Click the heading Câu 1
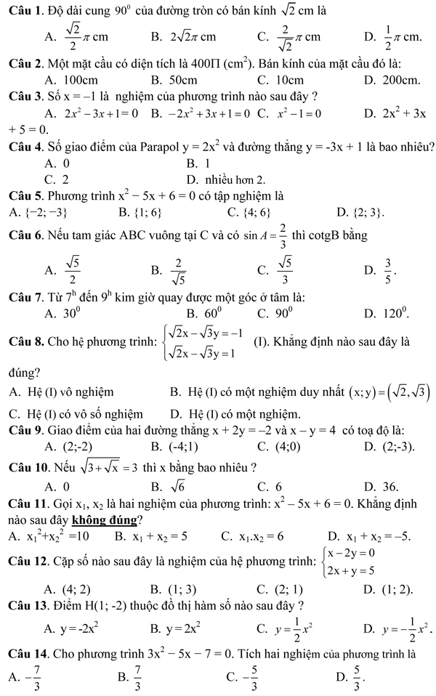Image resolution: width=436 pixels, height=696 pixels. pos(22,11)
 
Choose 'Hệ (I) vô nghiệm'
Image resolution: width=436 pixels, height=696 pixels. pos(70,393)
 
